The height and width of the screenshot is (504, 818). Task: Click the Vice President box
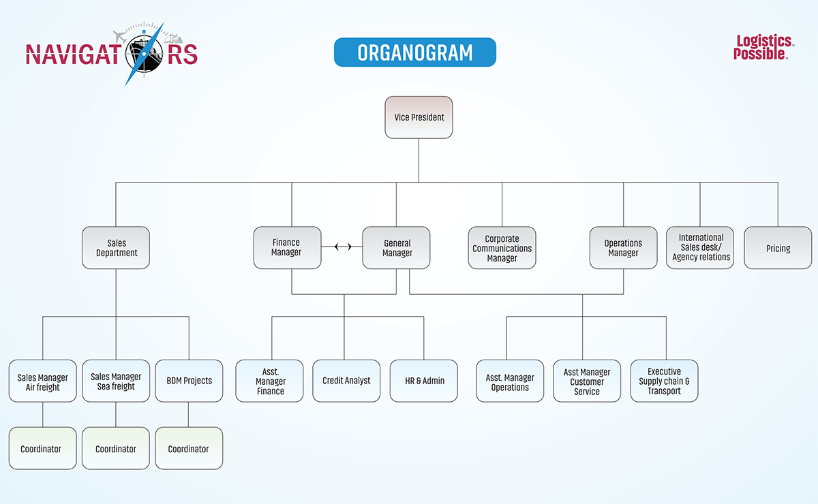(419, 117)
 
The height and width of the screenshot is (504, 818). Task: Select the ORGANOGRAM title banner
(415, 52)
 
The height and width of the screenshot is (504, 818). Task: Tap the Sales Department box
(116, 247)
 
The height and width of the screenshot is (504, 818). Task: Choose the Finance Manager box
(288, 247)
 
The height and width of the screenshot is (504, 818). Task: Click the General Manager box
(396, 247)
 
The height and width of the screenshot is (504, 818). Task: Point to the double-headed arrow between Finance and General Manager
(343, 247)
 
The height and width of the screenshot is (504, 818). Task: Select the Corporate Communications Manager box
(502, 247)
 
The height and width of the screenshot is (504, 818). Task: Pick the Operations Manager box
(623, 247)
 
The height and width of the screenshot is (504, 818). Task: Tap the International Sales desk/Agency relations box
(700, 247)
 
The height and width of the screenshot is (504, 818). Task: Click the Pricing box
(778, 247)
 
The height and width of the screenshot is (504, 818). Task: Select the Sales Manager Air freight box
(43, 381)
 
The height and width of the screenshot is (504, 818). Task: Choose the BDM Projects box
(189, 381)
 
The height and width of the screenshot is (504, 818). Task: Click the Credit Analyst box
(346, 381)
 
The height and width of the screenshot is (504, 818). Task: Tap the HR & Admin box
(423, 381)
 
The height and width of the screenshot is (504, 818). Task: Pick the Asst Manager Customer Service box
(587, 381)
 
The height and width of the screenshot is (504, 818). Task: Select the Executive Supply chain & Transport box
(664, 381)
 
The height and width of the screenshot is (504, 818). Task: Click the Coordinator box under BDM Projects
(189, 448)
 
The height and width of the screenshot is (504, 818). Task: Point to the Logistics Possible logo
(764, 47)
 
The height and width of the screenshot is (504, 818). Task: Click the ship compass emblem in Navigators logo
(145, 54)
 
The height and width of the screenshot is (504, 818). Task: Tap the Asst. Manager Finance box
(269, 381)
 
